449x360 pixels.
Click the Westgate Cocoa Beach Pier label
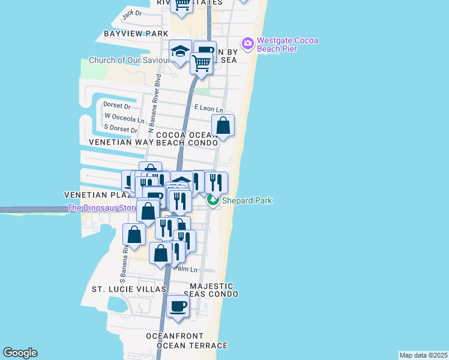pyautogui.click(x=287, y=45)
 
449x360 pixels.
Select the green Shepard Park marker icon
pyautogui.click(x=213, y=200)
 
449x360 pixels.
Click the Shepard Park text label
pyautogui.click(x=247, y=200)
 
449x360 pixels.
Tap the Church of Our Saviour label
pyautogui.click(x=128, y=60)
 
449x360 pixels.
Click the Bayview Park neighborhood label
pyautogui.click(x=136, y=34)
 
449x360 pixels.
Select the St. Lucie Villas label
pyautogui.click(x=128, y=289)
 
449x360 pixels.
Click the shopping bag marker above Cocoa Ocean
pyautogui.click(x=223, y=126)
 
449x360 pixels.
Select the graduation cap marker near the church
pyautogui.click(x=180, y=52)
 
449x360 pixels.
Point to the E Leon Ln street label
pyautogui.click(x=209, y=108)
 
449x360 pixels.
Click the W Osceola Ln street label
pyautogui.click(x=124, y=118)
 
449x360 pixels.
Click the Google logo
pyautogui.click(x=20, y=353)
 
